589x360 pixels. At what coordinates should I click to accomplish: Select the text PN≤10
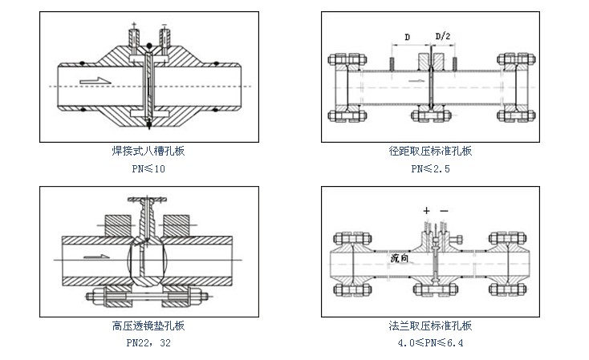click(x=148, y=168)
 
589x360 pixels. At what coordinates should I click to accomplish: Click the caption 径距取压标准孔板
click(x=430, y=150)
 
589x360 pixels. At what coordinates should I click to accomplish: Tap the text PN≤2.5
click(x=430, y=168)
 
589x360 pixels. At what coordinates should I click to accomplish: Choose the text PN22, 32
click(x=148, y=343)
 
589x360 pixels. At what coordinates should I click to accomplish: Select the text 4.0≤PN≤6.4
click(x=430, y=343)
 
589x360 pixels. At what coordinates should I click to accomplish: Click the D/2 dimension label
click(x=442, y=37)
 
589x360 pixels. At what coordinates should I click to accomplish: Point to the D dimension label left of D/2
click(x=408, y=37)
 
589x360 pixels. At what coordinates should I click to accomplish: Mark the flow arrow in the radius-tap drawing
click(x=412, y=81)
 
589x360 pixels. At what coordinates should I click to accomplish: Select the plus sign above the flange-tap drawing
click(x=425, y=210)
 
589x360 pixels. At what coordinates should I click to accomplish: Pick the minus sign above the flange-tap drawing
click(x=444, y=210)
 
